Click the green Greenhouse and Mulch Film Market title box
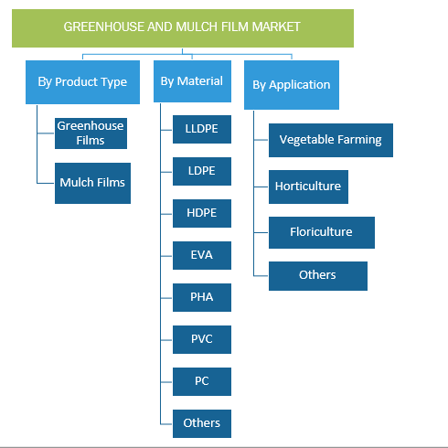coord(183,28)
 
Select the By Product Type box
coord(82,82)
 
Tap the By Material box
coord(192,81)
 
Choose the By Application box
coord(292,85)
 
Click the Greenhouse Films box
coord(91,133)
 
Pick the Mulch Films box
coord(92,183)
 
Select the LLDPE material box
coord(202,129)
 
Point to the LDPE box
coord(202,171)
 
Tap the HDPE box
coord(202,213)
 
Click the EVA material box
coord(202,255)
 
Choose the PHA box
coord(202,297)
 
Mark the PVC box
coord(202,339)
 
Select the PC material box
coord(202,381)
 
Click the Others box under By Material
coord(202,423)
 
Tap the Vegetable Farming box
coord(331,140)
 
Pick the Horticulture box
coord(308,187)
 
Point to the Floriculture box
coord(322,232)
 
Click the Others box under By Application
coord(318,276)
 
